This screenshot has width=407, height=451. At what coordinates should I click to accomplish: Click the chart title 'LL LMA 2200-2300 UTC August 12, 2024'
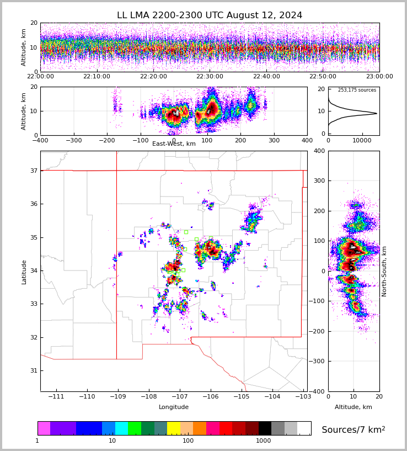click(210, 15)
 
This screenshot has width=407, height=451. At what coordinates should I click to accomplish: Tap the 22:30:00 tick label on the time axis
click(210, 77)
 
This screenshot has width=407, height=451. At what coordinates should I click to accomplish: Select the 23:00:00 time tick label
click(379, 77)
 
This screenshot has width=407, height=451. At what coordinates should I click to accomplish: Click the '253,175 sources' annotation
click(357, 90)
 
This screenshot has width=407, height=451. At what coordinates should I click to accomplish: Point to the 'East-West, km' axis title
click(174, 144)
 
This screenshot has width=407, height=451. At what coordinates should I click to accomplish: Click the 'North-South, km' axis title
click(384, 271)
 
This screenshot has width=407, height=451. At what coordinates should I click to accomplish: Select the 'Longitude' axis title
click(174, 407)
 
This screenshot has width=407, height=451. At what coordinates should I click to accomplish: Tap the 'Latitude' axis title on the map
click(24, 271)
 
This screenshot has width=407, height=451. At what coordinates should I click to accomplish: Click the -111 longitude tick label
click(56, 397)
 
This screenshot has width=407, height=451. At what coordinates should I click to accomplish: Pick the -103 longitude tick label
click(303, 397)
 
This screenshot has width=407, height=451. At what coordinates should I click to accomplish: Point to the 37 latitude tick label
click(33, 171)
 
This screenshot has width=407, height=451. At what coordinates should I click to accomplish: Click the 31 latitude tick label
click(33, 370)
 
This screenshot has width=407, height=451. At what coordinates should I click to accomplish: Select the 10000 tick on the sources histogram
click(362, 141)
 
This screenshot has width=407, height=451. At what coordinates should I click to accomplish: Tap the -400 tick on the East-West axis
click(40, 141)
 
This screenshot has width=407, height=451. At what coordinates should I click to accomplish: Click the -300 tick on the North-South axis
click(319, 361)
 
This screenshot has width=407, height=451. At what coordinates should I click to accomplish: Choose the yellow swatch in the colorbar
click(173, 428)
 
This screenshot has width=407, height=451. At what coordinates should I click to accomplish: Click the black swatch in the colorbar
click(265, 428)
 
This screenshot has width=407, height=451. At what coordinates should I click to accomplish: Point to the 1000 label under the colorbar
click(264, 441)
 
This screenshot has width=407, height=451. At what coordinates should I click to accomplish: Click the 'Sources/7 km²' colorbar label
click(354, 429)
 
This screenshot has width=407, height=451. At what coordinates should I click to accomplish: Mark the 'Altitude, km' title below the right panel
click(354, 407)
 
